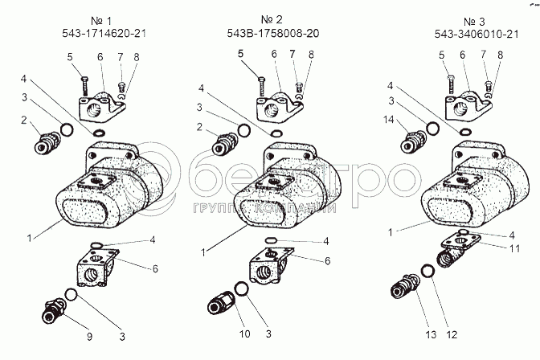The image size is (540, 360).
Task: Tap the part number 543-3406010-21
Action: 477,34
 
